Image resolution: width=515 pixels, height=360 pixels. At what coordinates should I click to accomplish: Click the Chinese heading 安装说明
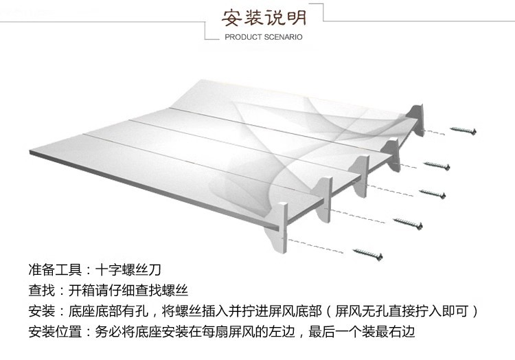pos(264,16)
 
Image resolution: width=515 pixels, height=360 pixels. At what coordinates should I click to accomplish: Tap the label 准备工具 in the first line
pos(56,269)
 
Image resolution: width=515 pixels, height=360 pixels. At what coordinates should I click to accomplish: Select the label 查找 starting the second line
pos(42,290)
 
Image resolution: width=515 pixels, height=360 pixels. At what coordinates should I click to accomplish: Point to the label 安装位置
pos(56,333)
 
